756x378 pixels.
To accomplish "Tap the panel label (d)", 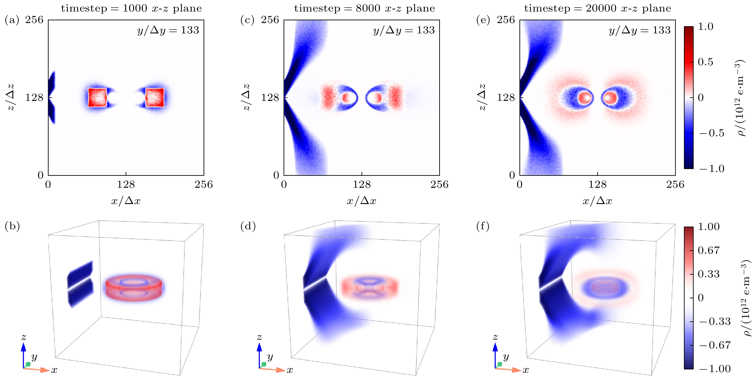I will [248, 226].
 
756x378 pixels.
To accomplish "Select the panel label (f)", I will [483, 226].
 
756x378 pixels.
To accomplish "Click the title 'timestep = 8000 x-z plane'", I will [364, 8].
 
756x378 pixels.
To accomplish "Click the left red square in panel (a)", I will [97, 97].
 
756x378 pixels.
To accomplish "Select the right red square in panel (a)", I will [155, 97].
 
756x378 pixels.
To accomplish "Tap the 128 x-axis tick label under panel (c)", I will [362, 184].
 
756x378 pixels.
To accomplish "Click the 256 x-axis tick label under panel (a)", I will [204, 184].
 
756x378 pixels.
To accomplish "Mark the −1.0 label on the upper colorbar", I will [712, 169].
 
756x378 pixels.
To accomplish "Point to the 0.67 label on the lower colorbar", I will [709, 250].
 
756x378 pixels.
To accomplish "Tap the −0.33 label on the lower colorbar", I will [715, 321].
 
